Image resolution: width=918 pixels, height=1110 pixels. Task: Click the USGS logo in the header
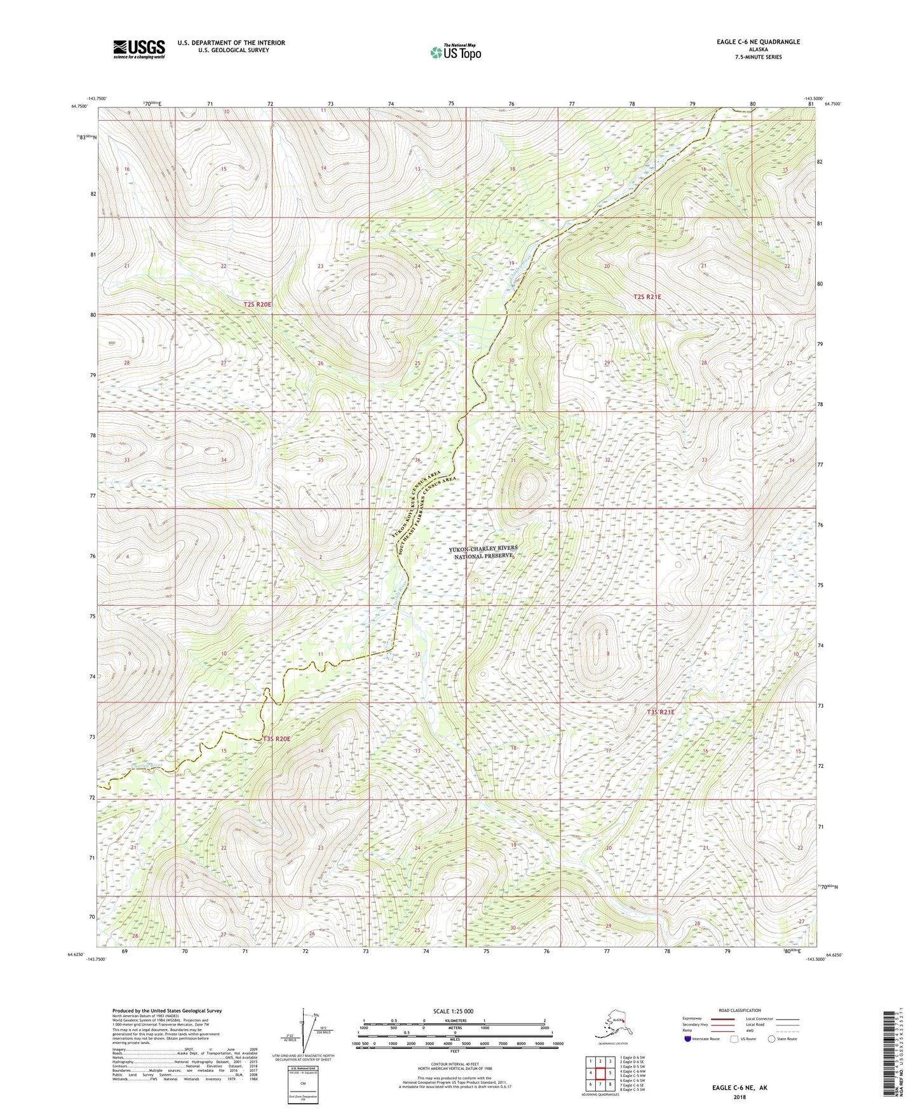[x=139, y=49]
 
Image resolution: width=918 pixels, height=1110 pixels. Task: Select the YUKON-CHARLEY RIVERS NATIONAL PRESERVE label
[x=483, y=552]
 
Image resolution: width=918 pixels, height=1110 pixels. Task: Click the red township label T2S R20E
[x=257, y=305]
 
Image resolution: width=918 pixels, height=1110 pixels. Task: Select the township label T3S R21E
[x=660, y=712]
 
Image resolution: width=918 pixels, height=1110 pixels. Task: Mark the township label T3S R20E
[x=276, y=739]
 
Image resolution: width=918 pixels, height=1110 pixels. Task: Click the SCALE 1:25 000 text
[x=454, y=1011]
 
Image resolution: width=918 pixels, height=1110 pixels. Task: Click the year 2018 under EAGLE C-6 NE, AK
[x=739, y=1097]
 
